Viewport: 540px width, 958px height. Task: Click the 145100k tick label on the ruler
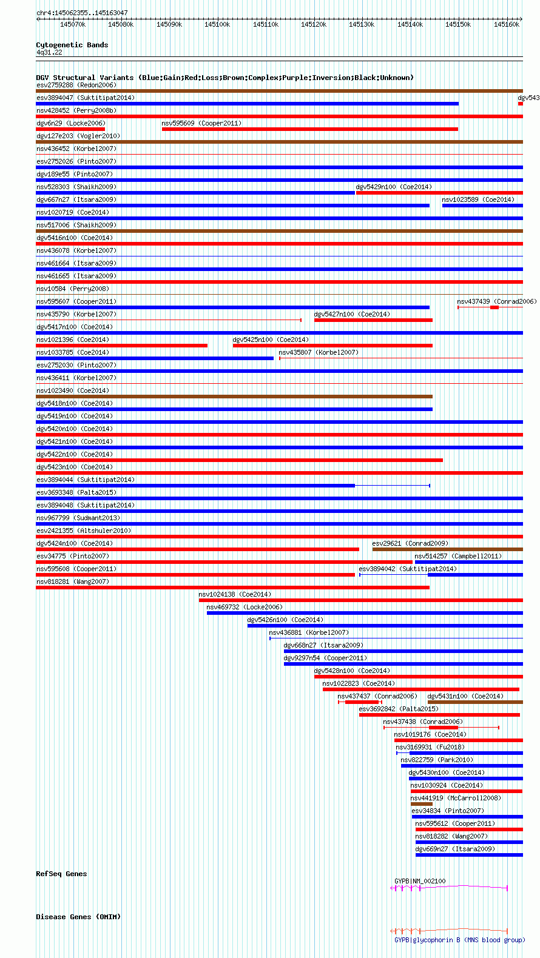click(x=217, y=24)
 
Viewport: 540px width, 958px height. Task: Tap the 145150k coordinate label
click(x=457, y=24)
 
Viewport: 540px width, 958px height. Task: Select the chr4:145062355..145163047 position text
click(x=82, y=13)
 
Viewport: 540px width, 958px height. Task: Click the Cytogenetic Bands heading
click(x=72, y=45)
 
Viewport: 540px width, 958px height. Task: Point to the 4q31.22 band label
click(x=49, y=52)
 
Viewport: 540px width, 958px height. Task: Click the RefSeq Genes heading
click(x=61, y=874)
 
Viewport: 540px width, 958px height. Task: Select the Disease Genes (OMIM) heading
click(x=78, y=917)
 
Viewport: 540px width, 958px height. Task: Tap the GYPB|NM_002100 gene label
click(x=420, y=881)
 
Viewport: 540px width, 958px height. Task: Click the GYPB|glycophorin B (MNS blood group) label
click(x=459, y=940)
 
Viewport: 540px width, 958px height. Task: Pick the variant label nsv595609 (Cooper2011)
click(x=201, y=123)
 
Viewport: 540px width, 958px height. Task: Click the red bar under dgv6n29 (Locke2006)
click(x=70, y=129)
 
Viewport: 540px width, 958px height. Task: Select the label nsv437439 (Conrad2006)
click(x=496, y=301)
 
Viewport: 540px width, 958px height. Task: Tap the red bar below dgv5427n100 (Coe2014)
click(x=373, y=320)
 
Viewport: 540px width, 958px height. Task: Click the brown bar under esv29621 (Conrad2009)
click(x=447, y=549)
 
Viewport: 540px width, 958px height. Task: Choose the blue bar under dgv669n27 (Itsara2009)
click(x=469, y=855)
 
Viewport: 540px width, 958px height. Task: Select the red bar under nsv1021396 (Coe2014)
click(x=121, y=346)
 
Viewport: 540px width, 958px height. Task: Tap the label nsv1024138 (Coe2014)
click(x=235, y=594)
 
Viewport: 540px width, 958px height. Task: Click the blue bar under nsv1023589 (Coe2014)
click(x=482, y=206)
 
